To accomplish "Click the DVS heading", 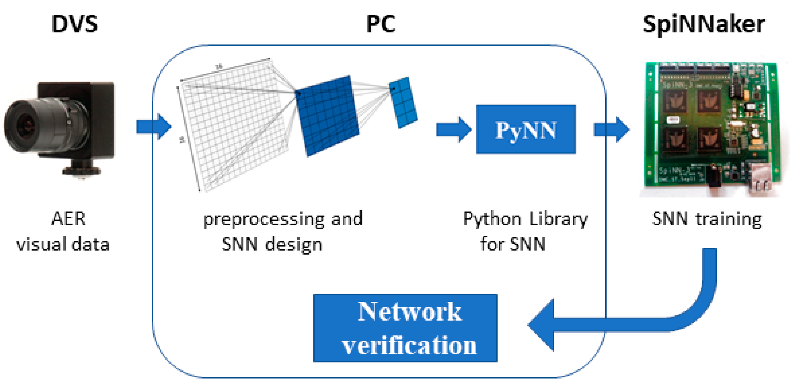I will (x=74, y=24).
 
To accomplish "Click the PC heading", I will (x=381, y=24).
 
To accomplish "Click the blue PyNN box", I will (x=525, y=129).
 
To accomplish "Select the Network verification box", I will (x=405, y=328).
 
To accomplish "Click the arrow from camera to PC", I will (x=153, y=127).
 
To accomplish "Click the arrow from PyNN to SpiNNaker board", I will (x=611, y=129).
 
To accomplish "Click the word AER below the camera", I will (x=68, y=219).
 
